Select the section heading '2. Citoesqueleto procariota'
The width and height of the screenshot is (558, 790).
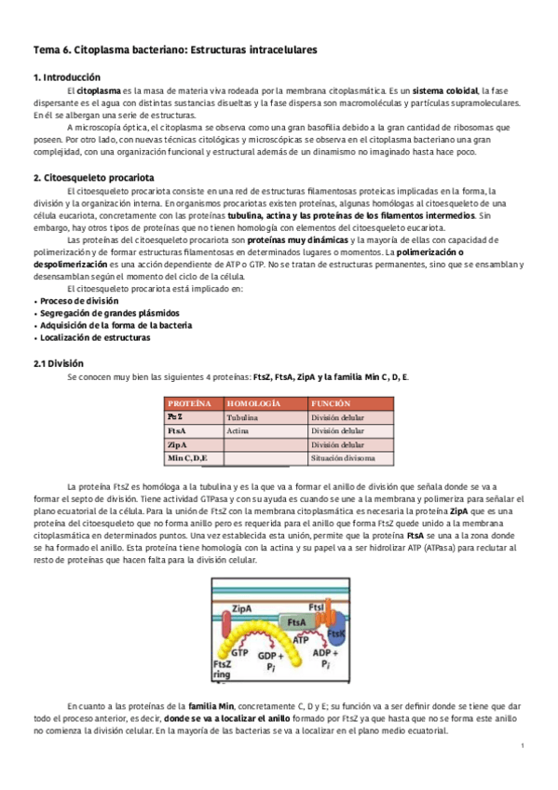coord(94,177)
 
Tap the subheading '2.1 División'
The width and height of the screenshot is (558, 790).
coord(59,362)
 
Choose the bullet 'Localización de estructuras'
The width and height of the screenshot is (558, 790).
coord(95,337)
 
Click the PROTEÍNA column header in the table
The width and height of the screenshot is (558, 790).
coord(189,402)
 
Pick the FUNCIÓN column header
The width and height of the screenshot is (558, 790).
coord(331,402)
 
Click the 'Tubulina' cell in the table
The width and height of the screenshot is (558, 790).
coord(243,417)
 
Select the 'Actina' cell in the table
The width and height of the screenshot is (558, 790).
coord(238,431)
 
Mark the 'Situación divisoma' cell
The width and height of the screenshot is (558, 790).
coord(344,458)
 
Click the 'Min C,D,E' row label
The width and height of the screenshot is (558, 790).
coord(187,458)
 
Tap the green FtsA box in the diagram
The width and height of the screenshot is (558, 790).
coord(297,620)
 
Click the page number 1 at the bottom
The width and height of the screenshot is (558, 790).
coord(523,744)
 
